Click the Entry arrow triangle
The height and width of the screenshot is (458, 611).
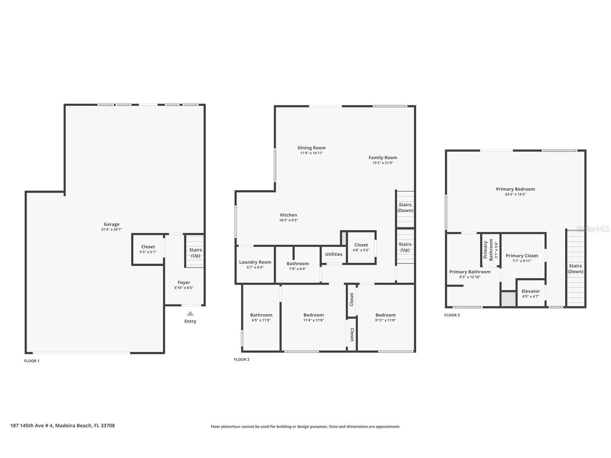click(x=190, y=314)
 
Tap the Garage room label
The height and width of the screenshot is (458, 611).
click(x=112, y=224)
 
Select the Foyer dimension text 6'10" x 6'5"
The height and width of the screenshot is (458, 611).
click(x=184, y=288)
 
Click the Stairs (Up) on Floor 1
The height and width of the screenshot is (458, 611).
click(x=196, y=252)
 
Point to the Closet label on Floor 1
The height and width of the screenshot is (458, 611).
click(x=148, y=247)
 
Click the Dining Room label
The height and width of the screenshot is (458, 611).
click(x=311, y=148)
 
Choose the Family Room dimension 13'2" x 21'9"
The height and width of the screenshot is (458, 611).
click(x=383, y=163)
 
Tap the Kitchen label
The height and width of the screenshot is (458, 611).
click(x=288, y=215)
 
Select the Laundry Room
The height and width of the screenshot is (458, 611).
click(x=255, y=264)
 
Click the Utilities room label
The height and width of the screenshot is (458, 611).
click(x=334, y=254)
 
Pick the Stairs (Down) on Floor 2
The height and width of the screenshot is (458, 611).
click(x=405, y=207)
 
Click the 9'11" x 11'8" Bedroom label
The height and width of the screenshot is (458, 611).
click(x=385, y=315)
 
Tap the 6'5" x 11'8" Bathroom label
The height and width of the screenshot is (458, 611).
click(x=261, y=315)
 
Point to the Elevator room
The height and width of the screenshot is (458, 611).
click(x=531, y=293)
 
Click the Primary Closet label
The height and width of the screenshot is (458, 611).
click(x=522, y=256)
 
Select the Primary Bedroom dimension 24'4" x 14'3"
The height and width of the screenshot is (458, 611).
click(x=515, y=194)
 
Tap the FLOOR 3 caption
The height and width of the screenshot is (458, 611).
click(x=452, y=315)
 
